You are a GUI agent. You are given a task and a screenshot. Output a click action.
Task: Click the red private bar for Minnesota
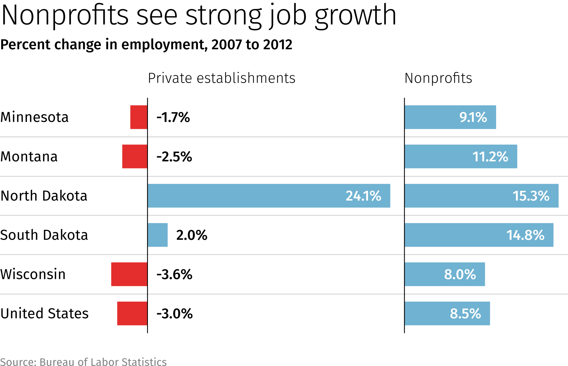pyautogui.click(x=139, y=117)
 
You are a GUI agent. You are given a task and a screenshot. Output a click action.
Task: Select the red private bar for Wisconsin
pyautogui.click(x=129, y=274)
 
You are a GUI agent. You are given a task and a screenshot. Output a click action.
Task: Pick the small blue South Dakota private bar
pyautogui.click(x=158, y=235)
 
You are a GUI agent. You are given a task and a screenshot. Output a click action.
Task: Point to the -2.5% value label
pyautogui.click(x=174, y=157)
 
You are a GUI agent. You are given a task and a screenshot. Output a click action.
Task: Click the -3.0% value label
pyautogui.click(x=175, y=314)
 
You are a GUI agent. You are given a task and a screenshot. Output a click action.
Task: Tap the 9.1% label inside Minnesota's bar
pyautogui.click(x=473, y=117)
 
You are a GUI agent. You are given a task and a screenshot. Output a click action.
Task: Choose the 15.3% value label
pyautogui.click(x=531, y=196)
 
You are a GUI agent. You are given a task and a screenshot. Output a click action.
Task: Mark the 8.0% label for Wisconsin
pyautogui.click(x=460, y=274)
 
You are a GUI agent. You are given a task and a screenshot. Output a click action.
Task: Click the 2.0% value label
pyautogui.click(x=192, y=235)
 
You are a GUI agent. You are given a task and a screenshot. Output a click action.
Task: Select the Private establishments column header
pyautogui.click(x=222, y=78)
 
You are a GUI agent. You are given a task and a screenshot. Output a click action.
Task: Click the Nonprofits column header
pyautogui.click(x=438, y=78)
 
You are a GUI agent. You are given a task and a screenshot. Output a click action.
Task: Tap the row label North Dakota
pyautogui.click(x=44, y=196)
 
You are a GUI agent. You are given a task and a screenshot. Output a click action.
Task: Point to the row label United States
pyautogui.click(x=44, y=313)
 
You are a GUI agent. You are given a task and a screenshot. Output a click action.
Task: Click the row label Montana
pyautogui.click(x=29, y=157)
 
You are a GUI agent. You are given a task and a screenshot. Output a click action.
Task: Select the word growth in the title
pyautogui.click(x=355, y=15)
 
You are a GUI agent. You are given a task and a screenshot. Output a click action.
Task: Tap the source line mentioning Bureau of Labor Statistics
pyautogui.click(x=83, y=362)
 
